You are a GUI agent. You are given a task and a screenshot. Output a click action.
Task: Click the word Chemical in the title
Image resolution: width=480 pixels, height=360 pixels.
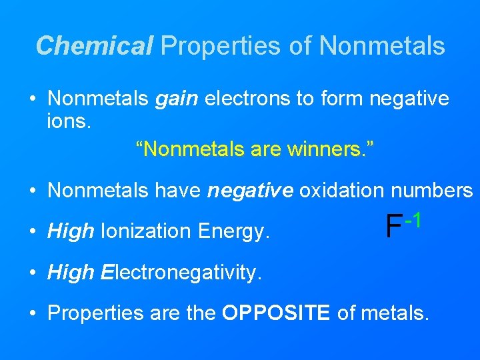(94, 45)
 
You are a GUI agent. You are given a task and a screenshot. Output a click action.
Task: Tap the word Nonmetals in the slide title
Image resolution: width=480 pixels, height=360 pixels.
(382, 45)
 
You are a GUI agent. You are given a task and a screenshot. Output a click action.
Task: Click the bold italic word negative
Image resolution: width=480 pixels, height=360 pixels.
(250, 191)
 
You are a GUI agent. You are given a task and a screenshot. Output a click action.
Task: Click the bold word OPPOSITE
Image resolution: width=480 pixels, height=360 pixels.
(276, 313)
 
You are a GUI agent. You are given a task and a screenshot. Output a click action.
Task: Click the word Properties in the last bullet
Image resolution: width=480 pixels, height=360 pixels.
(91, 313)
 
